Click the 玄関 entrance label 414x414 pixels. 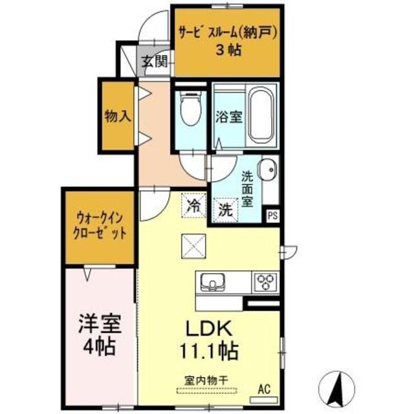click(x=155, y=63)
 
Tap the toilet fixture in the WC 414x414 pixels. click(x=190, y=110)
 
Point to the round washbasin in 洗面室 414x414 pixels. click(x=267, y=172)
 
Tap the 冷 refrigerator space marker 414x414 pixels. click(x=193, y=207)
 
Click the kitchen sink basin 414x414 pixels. click(x=212, y=282)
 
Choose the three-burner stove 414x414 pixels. click(x=265, y=281)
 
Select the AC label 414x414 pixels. click(x=263, y=389)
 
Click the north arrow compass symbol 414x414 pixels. click(x=338, y=387)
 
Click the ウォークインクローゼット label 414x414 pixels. click(x=99, y=226)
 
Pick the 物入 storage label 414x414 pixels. click(x=118, y=116)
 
